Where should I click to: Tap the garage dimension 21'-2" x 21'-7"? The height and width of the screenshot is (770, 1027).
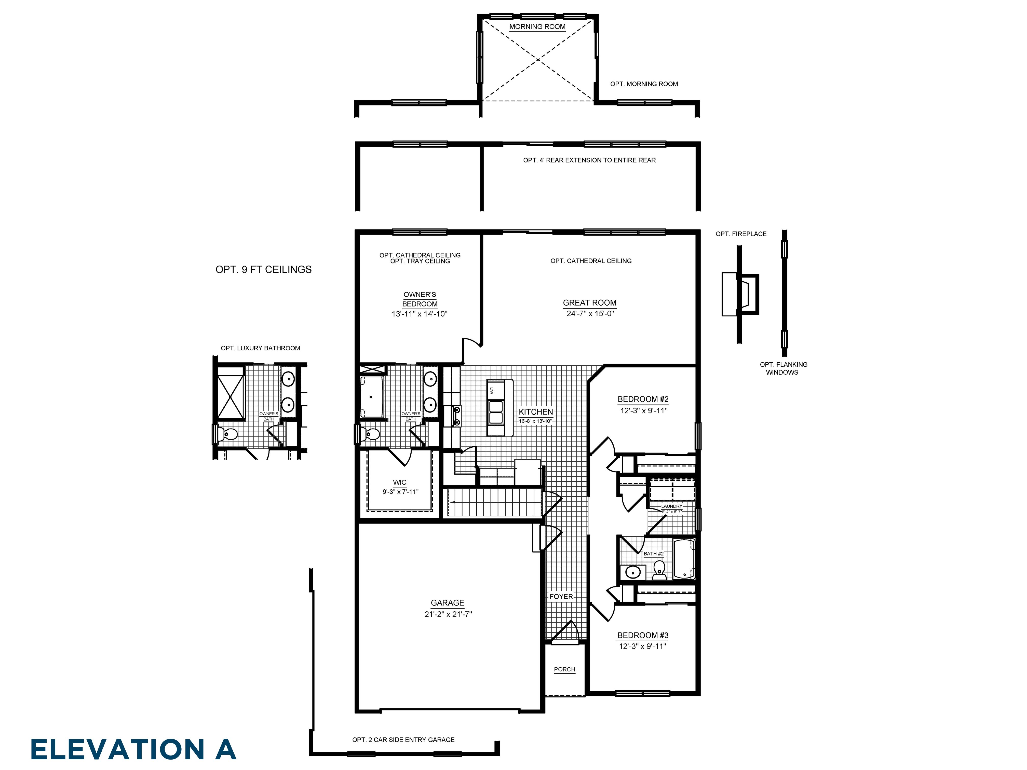(x=448, y=614)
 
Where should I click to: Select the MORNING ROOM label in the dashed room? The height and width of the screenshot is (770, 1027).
(x=537, y=27)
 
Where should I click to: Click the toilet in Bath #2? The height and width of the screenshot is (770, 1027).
(x=659, y=570)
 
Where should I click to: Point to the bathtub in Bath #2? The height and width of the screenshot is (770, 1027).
(x=683, y=559)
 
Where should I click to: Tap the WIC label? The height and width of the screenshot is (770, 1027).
(x=399, y=482)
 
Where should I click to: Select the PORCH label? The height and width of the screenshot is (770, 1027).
(x=564, y=669)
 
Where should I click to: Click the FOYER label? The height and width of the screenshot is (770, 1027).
(x=561, y=596)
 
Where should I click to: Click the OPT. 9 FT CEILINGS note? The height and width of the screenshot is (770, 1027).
(x=263, y=270)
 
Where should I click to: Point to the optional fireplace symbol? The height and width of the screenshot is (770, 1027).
(x=740, y=294)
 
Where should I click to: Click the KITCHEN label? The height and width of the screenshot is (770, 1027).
(x=535, y=412)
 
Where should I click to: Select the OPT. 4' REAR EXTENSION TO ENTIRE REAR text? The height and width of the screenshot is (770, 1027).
(x=589, y=160)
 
